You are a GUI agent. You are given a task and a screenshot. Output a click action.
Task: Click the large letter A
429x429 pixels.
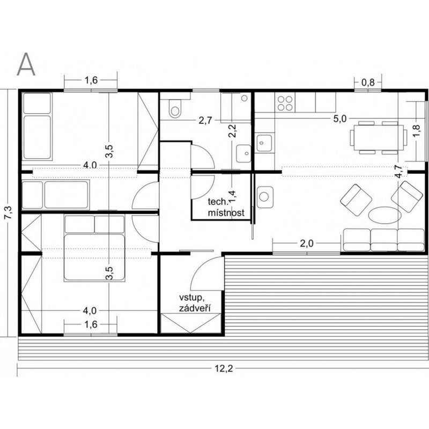point(26,64)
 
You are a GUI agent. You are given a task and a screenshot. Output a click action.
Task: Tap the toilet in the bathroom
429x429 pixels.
point(175,109)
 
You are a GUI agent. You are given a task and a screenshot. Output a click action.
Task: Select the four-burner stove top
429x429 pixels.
point(285,103)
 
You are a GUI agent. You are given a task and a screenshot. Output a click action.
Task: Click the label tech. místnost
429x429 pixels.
point(226,207)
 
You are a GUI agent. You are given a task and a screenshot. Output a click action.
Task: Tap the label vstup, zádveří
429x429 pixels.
point(195,303)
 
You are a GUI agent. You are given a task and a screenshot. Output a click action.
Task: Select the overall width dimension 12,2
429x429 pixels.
point(224,368)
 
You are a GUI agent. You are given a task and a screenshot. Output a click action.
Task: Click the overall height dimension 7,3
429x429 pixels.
point(9,212)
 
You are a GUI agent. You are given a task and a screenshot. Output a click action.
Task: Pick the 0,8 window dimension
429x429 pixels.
point(368,82)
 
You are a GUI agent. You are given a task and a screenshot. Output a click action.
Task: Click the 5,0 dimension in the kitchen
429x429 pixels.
point(340,119)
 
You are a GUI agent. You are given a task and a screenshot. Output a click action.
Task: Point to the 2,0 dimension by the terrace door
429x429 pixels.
point(307,243)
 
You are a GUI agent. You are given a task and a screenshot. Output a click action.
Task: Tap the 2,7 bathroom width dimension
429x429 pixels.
point(205,120)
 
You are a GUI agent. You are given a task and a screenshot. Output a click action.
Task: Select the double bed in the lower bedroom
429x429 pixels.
point(95,248)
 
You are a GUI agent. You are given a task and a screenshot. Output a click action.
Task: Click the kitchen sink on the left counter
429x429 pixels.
point(264,143)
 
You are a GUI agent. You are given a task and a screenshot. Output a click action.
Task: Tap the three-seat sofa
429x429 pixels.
point(383,240)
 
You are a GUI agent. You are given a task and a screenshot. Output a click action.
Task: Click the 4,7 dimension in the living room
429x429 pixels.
point(399,172)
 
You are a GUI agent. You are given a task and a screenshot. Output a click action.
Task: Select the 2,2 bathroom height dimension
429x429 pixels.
point(232,131)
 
